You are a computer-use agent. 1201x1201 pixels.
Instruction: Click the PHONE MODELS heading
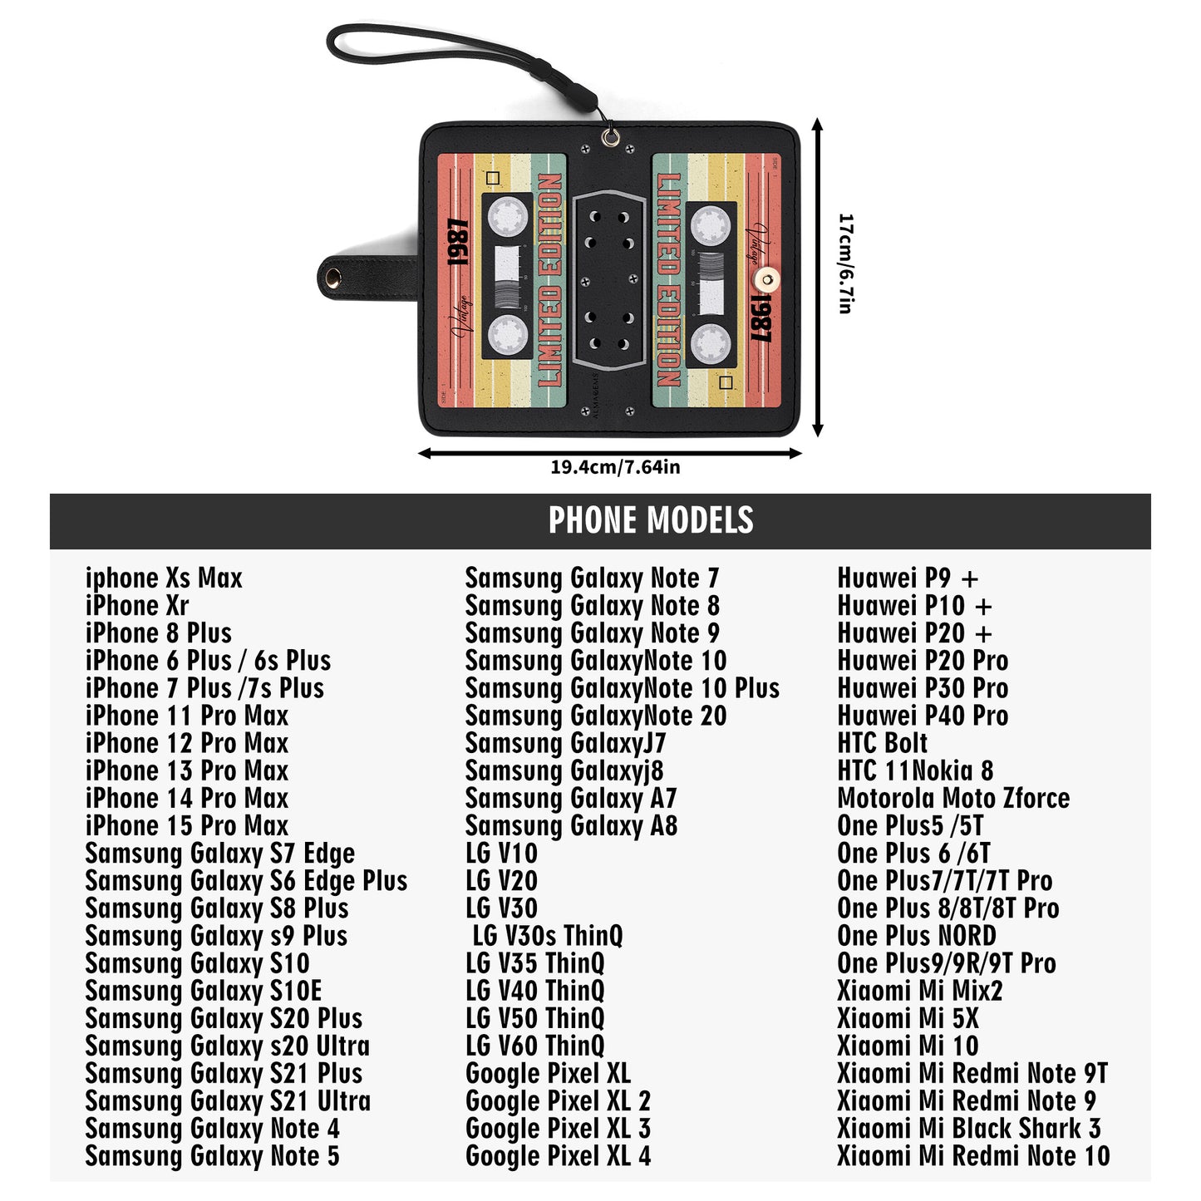click(x=650, y=520)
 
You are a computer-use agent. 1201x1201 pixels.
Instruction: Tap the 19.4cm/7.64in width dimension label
click(x=615, y=467)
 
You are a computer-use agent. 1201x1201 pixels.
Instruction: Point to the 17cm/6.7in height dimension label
click(x=845, y=263)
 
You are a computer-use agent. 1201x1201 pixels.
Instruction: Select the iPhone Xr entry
click(x=137, y=606)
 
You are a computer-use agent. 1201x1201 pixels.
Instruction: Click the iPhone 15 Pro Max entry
click(x=187, y=826)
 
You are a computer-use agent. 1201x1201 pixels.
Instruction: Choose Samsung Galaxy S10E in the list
click(x=204, y=991)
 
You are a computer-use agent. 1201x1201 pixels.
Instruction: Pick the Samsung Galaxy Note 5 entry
click(x=212, y=1156)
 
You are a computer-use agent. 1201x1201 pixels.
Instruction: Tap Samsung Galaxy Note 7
click(x=592, y=578)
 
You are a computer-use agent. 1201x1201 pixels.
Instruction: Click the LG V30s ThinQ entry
click(x=547, y=936)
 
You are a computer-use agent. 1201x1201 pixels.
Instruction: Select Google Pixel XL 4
click(x=558, y=1156)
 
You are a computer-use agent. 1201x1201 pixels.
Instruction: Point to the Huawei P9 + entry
click(x=908, y=578)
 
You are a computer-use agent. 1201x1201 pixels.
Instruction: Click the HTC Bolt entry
click(x=882, y=743)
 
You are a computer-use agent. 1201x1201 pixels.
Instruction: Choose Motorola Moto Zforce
click(x=953, y=799)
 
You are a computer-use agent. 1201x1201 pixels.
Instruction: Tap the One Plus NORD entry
click(x=917, y=936)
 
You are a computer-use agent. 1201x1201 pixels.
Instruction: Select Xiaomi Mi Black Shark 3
click(x=969, y=1129)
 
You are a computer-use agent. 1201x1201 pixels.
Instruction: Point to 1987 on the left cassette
click(x=457, y=243)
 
